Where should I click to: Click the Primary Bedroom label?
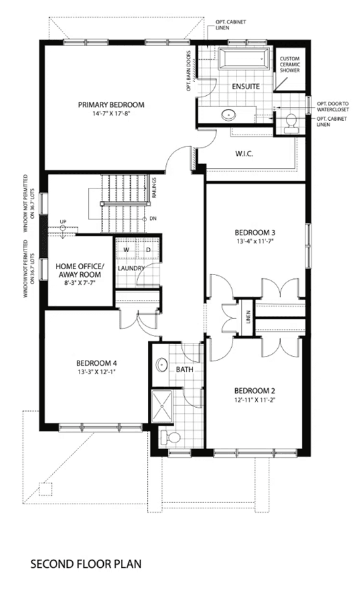[111, 105]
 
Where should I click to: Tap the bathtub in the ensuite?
[244, 58]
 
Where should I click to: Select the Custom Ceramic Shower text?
[290, 64]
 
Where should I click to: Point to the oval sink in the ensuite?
[229, 114]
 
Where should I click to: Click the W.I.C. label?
[244, 154]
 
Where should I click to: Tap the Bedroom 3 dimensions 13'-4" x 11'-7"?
[254, 241]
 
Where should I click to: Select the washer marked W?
[126, 250]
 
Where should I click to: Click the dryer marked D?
[148, 250]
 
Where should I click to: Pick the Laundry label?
[131, 268]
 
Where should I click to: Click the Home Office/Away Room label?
[79, 271]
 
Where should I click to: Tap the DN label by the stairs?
[152, 219]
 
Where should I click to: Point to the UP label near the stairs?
[63, 222]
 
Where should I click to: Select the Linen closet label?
[248, 317]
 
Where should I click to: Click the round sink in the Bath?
[162, 364]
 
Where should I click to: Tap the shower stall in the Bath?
[162, 406]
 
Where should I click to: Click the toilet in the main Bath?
[170, 437]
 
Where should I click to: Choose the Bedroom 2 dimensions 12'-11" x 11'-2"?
[252, 400]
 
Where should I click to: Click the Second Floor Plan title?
[86, 564]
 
